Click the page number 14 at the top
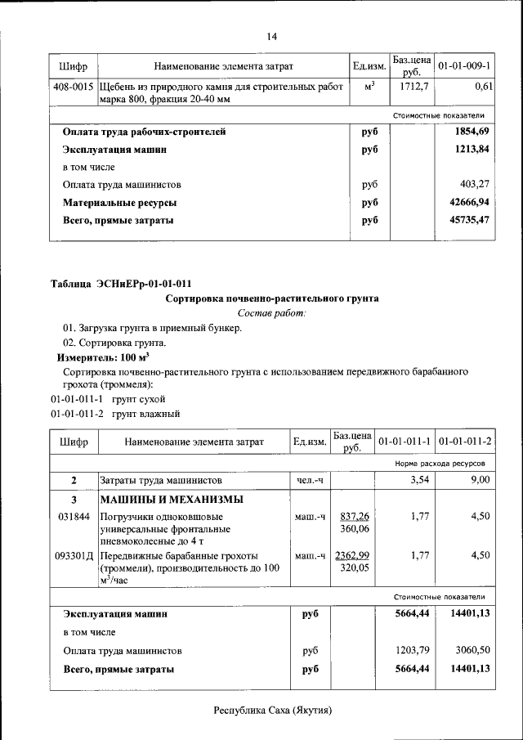[272, 36]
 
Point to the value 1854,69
[473, 132]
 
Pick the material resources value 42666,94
[470, 202]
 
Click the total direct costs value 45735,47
[470, 220]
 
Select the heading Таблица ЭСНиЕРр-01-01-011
[121, 285]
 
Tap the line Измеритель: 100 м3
[102, 357]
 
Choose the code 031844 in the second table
[74, 517]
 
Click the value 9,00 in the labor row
[480, 480]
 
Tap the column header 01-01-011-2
[465, 442]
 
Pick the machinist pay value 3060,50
[473, 651]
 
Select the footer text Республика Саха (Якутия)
[272, 711]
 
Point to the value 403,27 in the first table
[476, 185]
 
